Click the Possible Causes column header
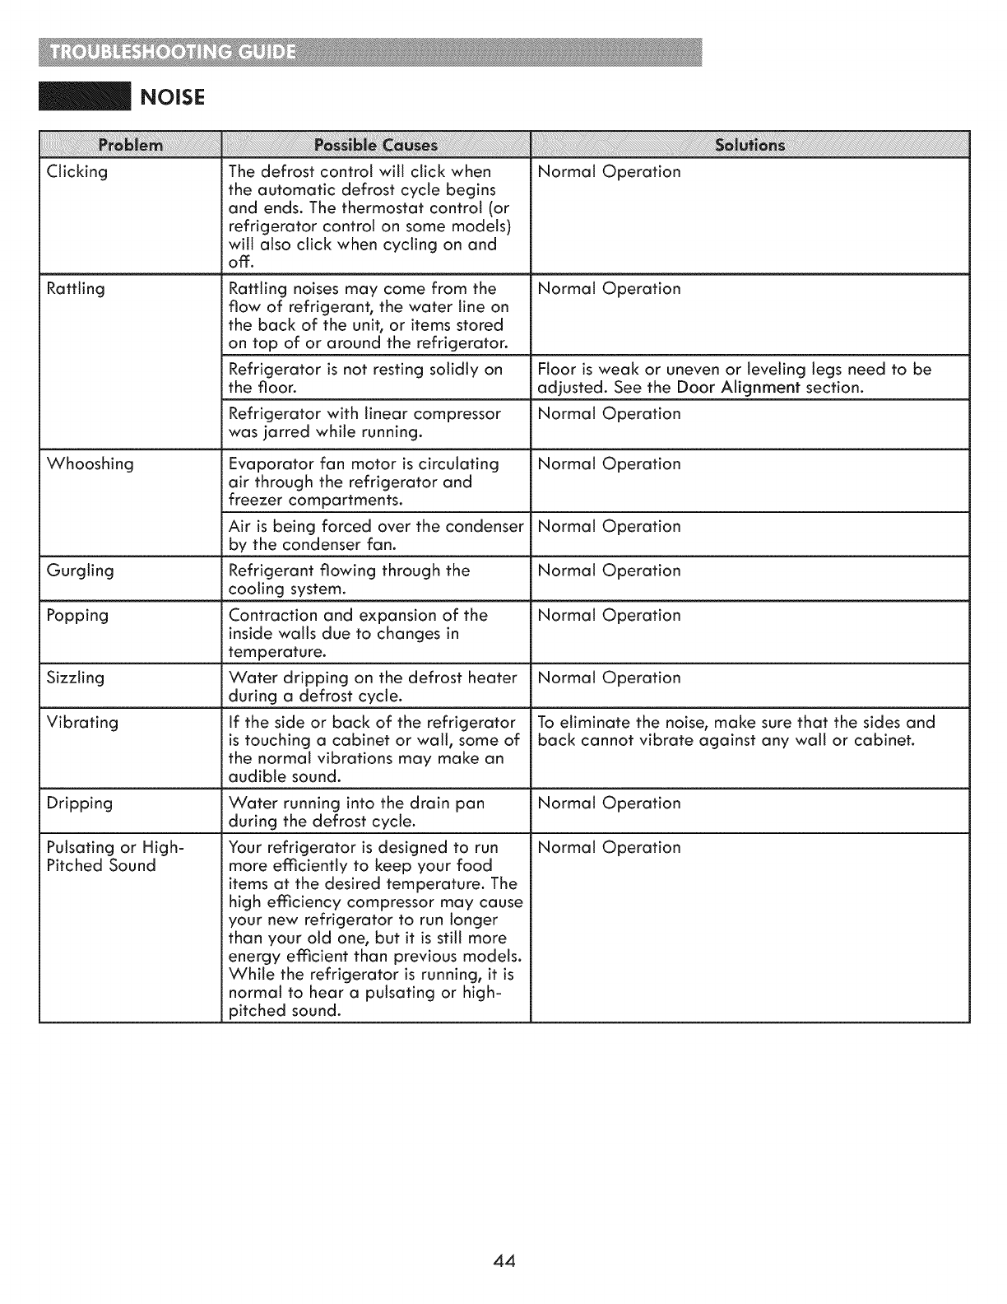pos(376,146)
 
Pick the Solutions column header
pos(750,146)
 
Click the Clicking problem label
pos(77,172)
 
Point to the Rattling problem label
pos(76,289)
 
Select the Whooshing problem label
pos(90,463)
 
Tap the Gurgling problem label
pos(81,570)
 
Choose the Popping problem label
pos(77,616)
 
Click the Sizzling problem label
pos(76,678)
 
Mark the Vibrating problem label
pos(82,722)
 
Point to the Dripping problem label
pos(80,803)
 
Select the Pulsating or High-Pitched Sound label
pos(115,856)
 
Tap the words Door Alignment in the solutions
pos(738,388)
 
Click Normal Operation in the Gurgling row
pos(609,570)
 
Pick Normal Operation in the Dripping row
pos(609,803)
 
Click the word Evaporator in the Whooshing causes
pos(268,463)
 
